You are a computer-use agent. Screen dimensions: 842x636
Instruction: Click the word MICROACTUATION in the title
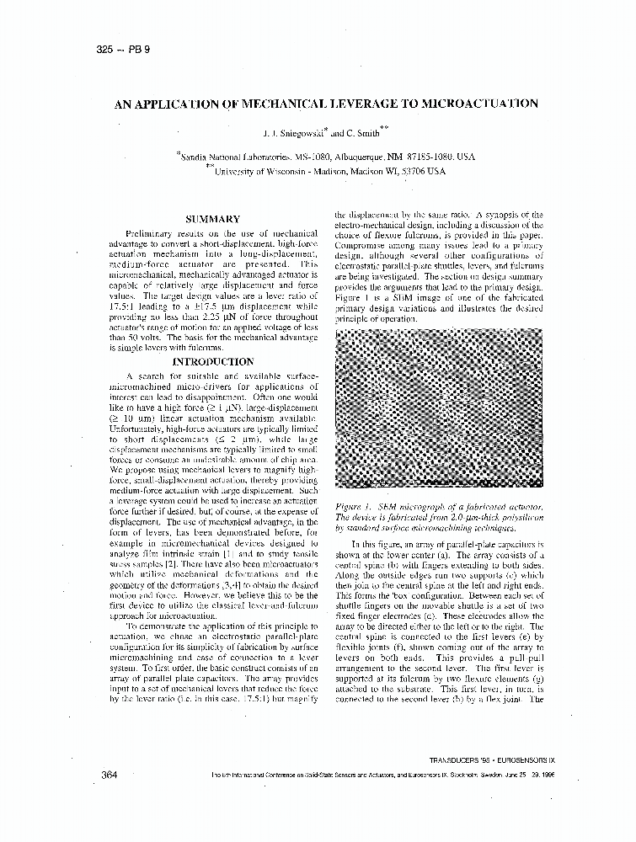[484, 104]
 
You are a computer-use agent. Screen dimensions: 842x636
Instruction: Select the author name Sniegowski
[306, 133]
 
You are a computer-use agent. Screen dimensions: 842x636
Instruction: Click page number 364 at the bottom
[109, 774]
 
